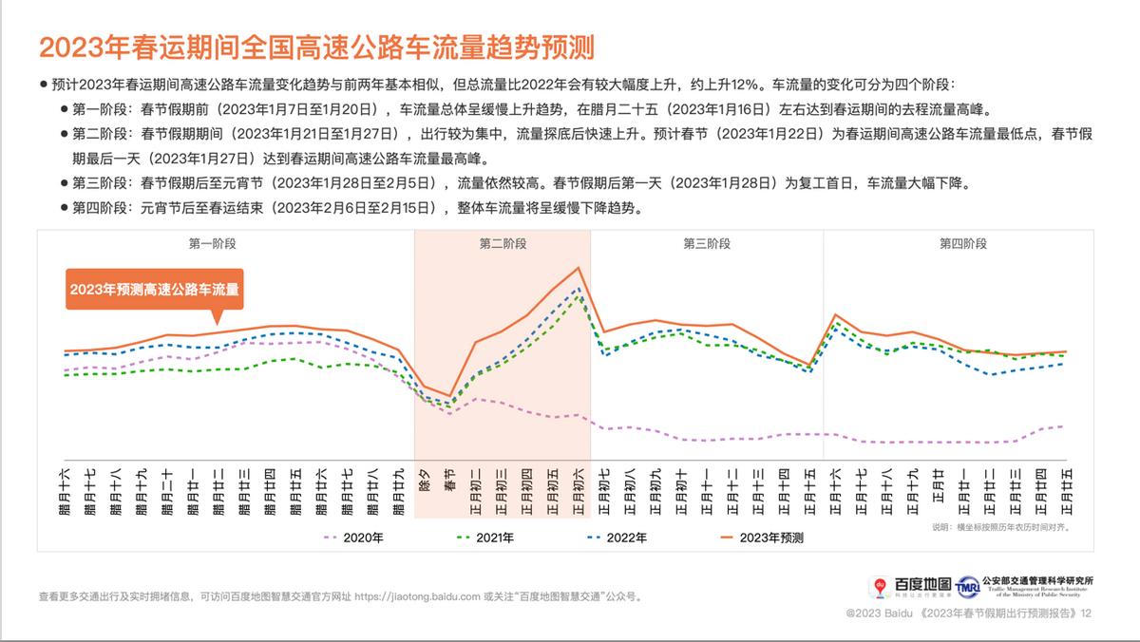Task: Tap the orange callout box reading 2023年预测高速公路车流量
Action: click(x=154, y=289)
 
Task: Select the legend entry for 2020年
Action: click(x=356, y=538)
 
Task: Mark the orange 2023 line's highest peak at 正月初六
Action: click(x=578, y=268)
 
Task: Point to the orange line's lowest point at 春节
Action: click(x=449, y=396)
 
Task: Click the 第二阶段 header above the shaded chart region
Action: click(x=503, y=244)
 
